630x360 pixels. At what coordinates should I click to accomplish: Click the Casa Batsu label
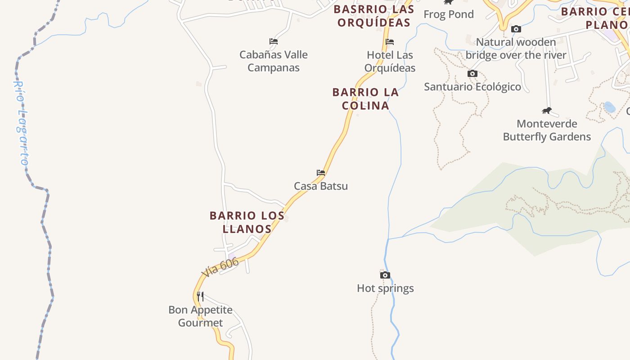321,186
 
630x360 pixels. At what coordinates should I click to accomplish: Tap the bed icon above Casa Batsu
321,172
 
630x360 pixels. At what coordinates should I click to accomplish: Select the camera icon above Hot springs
385,275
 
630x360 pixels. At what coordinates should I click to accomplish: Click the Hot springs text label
385,288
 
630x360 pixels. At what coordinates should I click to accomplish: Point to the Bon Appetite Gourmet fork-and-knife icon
200,297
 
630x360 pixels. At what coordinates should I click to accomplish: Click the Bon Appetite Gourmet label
200,316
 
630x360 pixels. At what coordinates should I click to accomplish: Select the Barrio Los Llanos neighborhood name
247,222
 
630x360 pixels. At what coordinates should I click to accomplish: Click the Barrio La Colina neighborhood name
365,99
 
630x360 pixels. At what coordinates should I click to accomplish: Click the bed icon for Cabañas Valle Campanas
274,41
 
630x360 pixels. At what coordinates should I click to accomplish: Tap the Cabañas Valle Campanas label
274,61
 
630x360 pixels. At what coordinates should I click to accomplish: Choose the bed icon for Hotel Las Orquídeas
390,42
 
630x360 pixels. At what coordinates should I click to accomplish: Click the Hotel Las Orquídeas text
390,61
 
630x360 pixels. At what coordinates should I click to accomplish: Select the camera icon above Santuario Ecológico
472,74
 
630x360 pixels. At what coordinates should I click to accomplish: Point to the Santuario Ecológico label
472,87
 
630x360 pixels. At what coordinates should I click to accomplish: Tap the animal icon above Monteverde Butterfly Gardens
547,111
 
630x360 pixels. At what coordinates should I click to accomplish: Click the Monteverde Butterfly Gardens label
547,130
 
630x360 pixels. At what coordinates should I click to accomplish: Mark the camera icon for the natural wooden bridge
516,29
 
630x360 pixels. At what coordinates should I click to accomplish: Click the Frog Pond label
449,14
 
